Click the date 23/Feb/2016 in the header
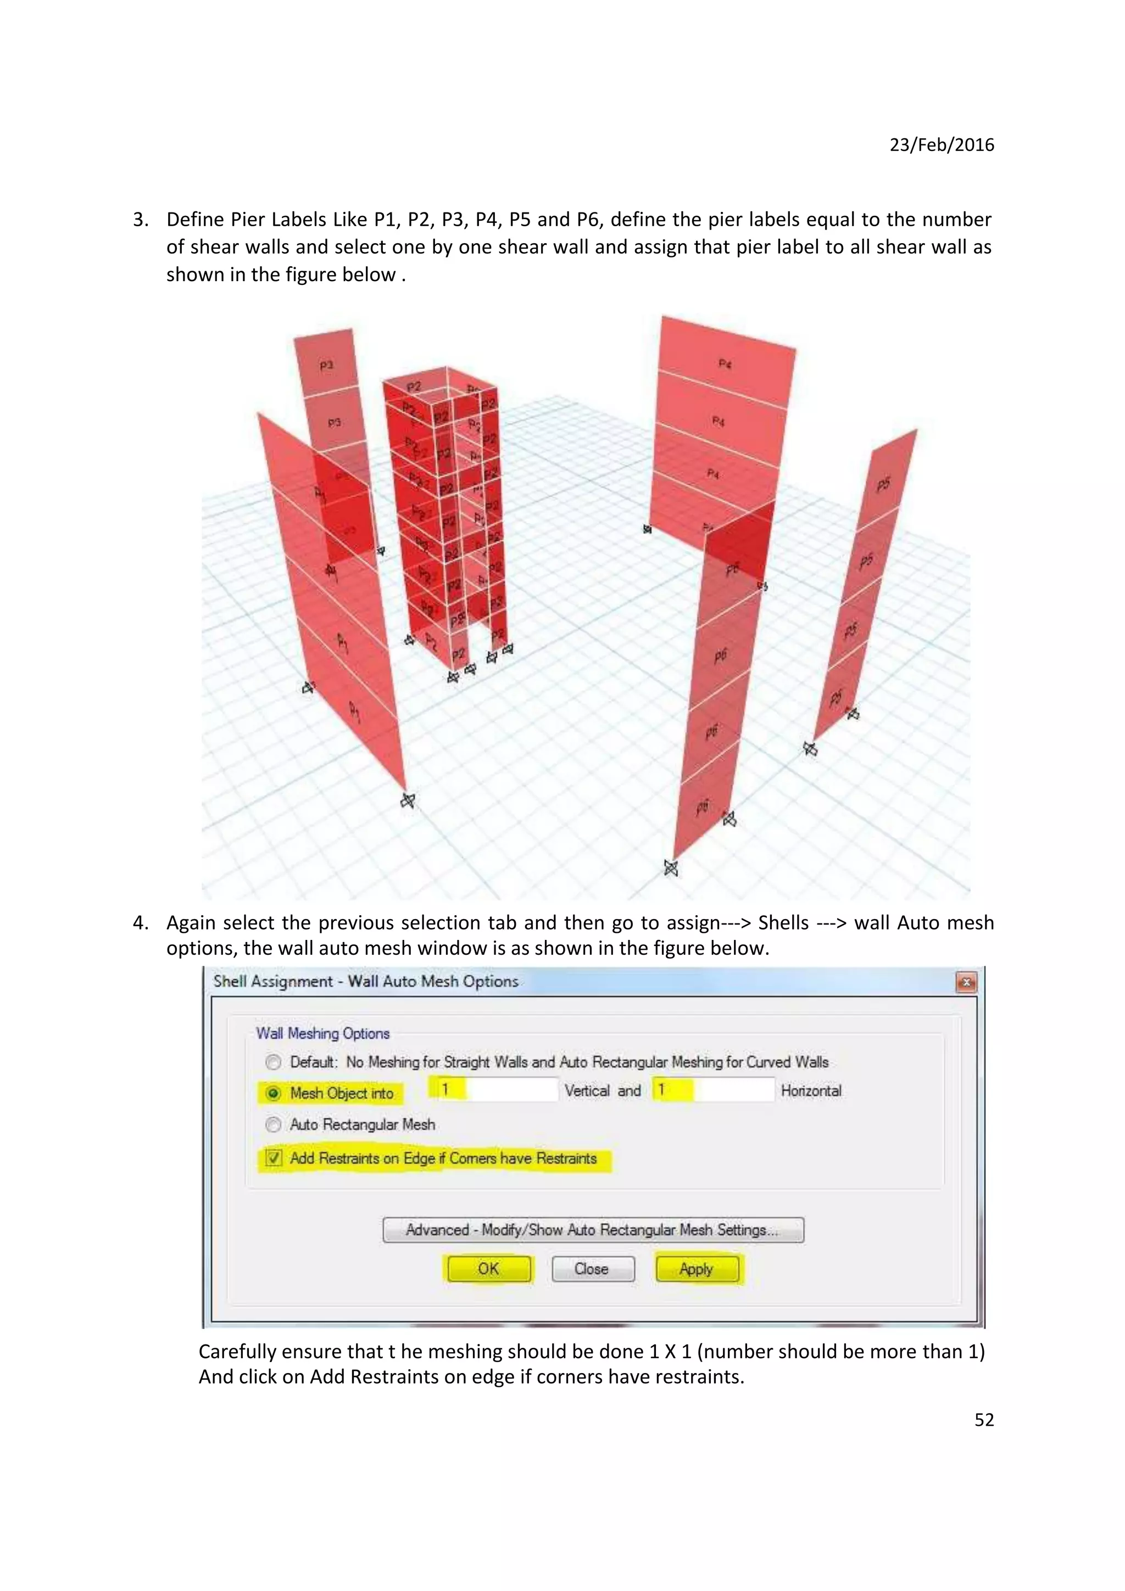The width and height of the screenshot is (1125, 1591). coord(942,145)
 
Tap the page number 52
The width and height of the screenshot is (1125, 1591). coord(984,1420)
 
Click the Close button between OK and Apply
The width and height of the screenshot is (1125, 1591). coord(593,1269)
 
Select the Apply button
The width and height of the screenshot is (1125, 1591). coord(697,1269)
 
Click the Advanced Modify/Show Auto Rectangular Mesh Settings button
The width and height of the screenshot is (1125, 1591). coord(593,1229)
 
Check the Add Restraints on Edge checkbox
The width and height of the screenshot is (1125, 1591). coord(274,1158)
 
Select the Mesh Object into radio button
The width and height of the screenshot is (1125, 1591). coord(274,1094)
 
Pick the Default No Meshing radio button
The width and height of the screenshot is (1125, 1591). coord(274,1062)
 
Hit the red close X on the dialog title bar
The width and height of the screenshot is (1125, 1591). coord(966,982)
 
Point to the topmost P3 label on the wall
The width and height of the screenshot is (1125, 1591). coord(326,365)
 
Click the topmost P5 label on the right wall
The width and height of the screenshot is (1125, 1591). coord(883,484)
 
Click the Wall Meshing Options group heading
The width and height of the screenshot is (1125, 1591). coord(322,1033)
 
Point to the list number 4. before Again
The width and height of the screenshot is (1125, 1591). coord(141,923)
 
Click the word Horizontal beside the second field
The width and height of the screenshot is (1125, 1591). coord(811,1091)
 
